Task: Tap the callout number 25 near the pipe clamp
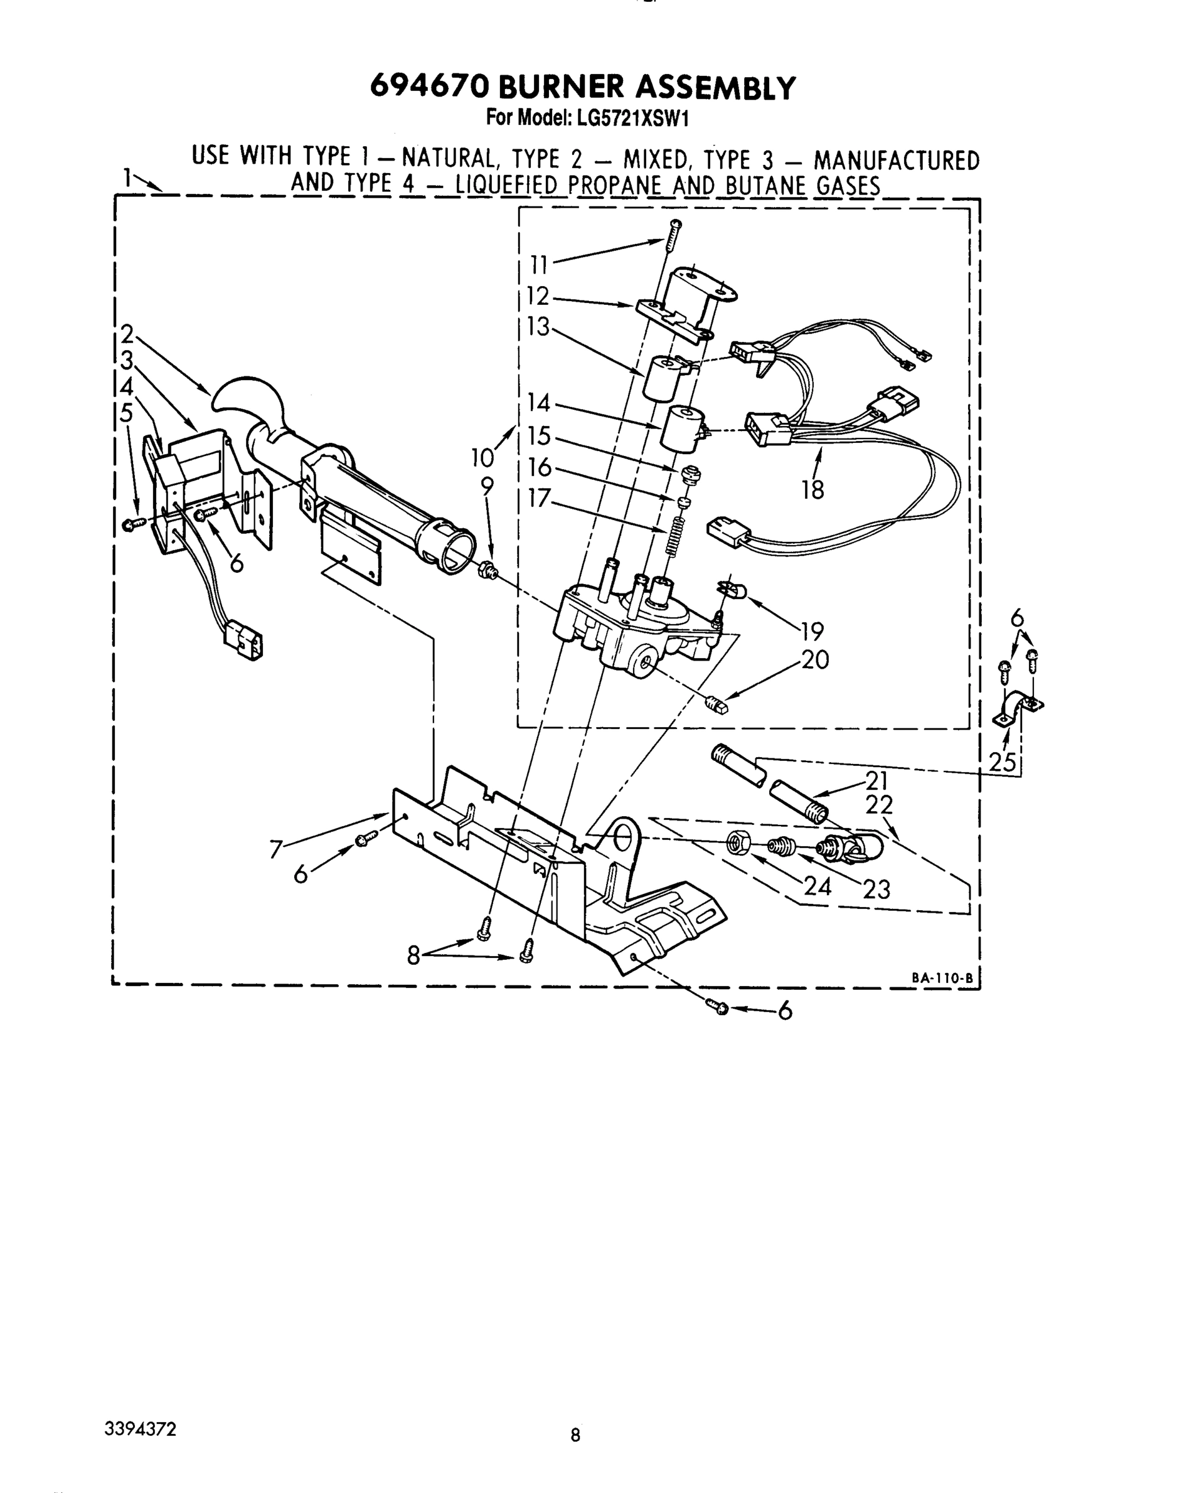pyautogui.click(x=1004, y=761)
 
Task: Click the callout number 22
pyautogui.click(x=880, y=805)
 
